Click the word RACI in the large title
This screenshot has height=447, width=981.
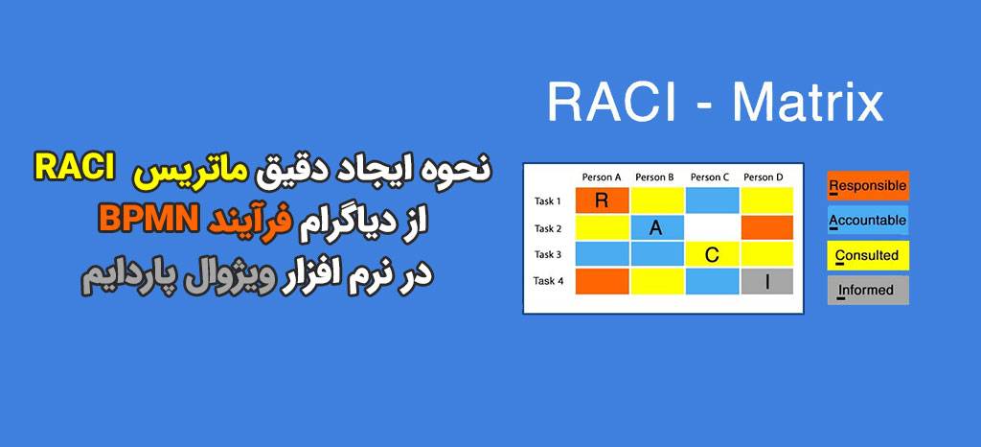tap(612, 104)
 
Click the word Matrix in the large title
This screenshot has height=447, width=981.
tap(809, 104)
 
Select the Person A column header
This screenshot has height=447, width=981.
tap(602, 177)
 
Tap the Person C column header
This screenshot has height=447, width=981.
tap(710, 177)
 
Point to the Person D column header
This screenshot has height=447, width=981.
tap(764, 177)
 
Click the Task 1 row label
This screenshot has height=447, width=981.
tap(547, 201)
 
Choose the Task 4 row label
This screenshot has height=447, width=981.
tap(548, 280)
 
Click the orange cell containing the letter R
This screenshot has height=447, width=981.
tap(602, 200)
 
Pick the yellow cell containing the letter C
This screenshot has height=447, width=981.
tap(712, 254)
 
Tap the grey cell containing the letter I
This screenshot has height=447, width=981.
tap(767, 281)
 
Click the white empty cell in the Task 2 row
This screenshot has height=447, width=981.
tap(712, 227)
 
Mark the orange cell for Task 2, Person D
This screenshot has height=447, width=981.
tap(767, 227)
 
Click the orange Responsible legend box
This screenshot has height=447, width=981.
tap(868, 185)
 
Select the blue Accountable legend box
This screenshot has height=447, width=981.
tap(868, 221)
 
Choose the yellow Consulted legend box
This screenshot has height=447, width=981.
tap(868, 255)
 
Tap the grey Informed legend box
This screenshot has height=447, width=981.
tap(868, 291)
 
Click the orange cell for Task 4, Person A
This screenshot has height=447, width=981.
tap(602, 281)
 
